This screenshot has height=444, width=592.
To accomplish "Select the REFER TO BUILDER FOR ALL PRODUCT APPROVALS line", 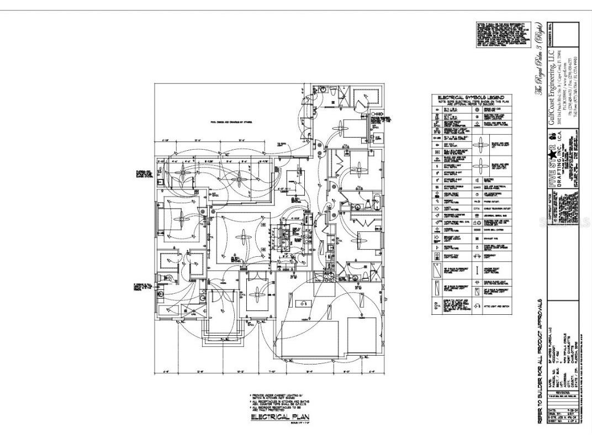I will [539, 364].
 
